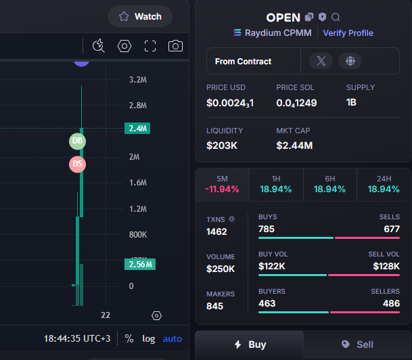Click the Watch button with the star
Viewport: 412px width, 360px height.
(x=140, y=16)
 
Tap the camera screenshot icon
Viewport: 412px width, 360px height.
(x=175, y=46)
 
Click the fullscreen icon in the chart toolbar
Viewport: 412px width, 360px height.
(x=150, y=46)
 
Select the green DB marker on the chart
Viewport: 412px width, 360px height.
(x=77, y=141)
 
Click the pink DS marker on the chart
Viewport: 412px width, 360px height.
(x=77, y=164)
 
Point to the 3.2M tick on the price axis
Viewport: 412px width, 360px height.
(x=138, y=80)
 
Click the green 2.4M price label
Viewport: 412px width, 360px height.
(x=137, y=129)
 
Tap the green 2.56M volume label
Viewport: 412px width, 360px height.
(x=140, y=265)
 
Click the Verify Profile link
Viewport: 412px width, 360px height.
(x=348, y=33)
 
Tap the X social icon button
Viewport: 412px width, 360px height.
(x=321, y=61)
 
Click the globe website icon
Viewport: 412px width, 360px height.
(x=350, y=61)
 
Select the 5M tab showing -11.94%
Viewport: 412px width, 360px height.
(x=223, y=185)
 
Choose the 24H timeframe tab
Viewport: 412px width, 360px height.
(x=384, y=185)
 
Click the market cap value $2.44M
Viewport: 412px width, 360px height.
(x=294, y=145)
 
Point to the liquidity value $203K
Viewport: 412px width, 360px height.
(x=222, y=145)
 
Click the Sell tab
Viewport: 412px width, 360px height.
(x=357, y=344)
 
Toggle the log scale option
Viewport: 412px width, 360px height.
(x=148, y=339)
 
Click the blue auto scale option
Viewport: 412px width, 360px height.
(x=173, y=339)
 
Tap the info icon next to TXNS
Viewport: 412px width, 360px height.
(x=231, y=219)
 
